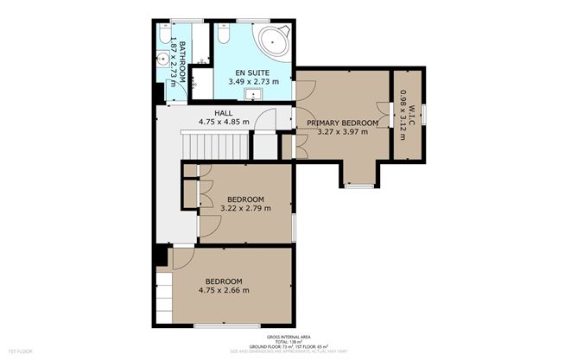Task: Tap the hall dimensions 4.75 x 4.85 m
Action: (224, 122)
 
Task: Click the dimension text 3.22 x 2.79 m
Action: (246, 208)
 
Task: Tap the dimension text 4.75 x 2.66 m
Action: (223, 290)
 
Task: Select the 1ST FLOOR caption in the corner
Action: (19, 352)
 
